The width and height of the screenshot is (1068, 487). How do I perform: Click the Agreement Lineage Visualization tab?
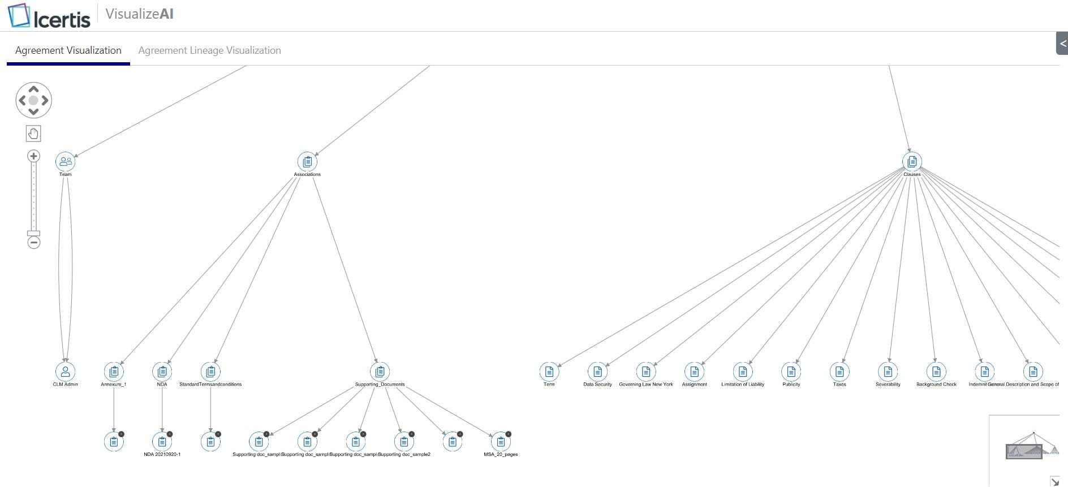(x=209, y=50)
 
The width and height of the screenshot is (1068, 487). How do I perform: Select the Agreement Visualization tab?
(x=68, y=50)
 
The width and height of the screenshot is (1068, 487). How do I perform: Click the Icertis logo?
(x=49, y=16)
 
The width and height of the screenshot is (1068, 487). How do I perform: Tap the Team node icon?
(x=66, y=162)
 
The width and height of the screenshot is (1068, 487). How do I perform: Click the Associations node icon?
(x=307, y=162)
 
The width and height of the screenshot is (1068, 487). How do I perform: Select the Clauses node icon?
(x=912, y=162)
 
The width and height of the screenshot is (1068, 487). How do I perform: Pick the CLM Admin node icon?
(x=66, y=372)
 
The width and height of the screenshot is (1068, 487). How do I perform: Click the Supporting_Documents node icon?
(x=380, y=372)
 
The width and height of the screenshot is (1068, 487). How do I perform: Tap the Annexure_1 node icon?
(x=114, y=372)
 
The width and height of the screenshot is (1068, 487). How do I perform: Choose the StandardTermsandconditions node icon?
(x=210, y=372)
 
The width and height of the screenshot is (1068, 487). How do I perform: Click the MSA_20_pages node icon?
(x=501, y=442)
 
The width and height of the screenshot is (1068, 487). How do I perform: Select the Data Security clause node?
(x=597, y=372)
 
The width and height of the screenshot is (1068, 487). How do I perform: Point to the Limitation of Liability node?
(x=743, y=372)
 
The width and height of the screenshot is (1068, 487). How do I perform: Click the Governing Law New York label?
(x=646, y=385)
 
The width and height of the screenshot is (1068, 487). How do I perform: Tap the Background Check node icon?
(x=936, y=372)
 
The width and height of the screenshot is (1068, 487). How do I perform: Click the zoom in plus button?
(x=34, y=156)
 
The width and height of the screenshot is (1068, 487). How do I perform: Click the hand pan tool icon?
(x=33, y=133)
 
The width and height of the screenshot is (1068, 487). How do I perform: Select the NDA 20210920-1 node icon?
(x=162, y=442)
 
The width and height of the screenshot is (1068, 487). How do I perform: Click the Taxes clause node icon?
(x=839, y=372)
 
